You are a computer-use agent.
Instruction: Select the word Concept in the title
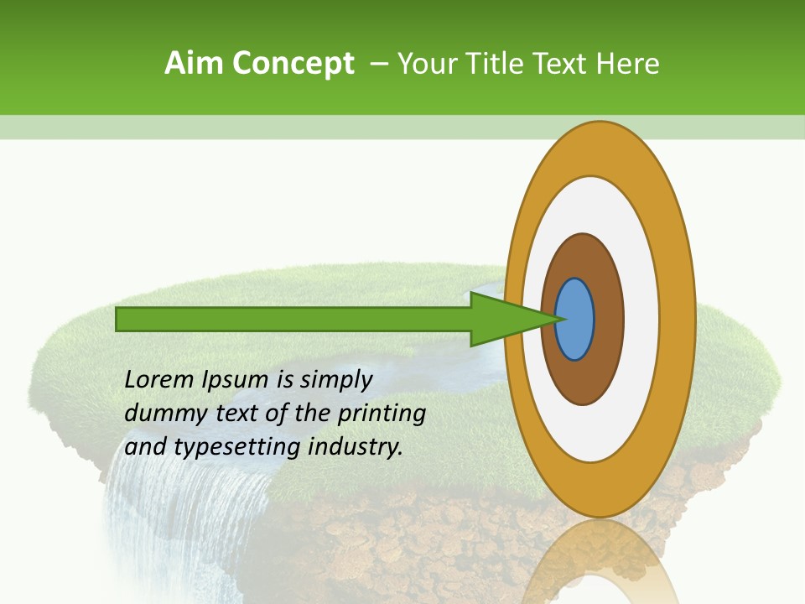pyautogui.click(x=292, y=65)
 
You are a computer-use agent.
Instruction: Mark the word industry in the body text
pyautogui.click(x=356, y=447)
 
